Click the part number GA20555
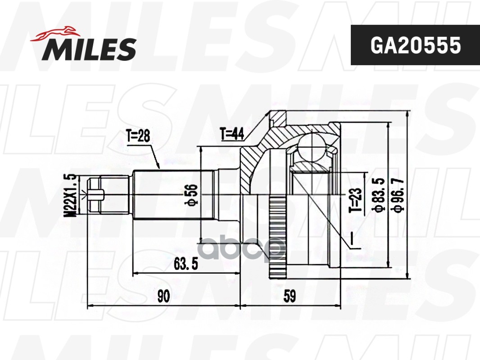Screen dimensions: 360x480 (x=415, y=45)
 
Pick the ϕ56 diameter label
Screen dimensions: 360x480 (x=192, y=195)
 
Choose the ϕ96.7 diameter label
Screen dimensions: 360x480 (x=397, y=194)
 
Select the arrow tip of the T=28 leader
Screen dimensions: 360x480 (x=160, y=167)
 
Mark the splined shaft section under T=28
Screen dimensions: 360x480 (x=171, y=194)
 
